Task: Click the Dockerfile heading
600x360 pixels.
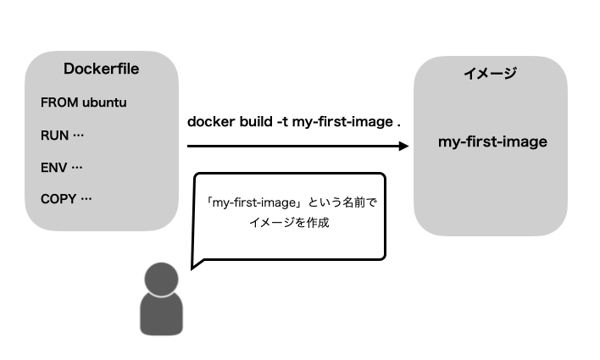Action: point(101,69)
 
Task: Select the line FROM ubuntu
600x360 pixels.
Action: point(83,103)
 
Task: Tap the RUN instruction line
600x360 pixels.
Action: point(63,136)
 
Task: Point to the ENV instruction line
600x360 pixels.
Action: point(62,168)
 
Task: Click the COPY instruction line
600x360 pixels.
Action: point(66,200)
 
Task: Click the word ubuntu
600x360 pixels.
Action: point(104,103)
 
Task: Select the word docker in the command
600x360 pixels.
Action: point(210,122)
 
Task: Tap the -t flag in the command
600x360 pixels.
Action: point(284,122)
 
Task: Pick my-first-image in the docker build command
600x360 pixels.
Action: point(341,122)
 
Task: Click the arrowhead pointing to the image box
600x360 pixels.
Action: point(403,146)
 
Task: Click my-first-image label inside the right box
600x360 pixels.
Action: point(492,141)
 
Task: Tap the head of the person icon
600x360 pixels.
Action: point(161,279)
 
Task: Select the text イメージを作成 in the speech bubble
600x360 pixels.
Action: point(288,224)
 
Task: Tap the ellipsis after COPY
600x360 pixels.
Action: point(86,200)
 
